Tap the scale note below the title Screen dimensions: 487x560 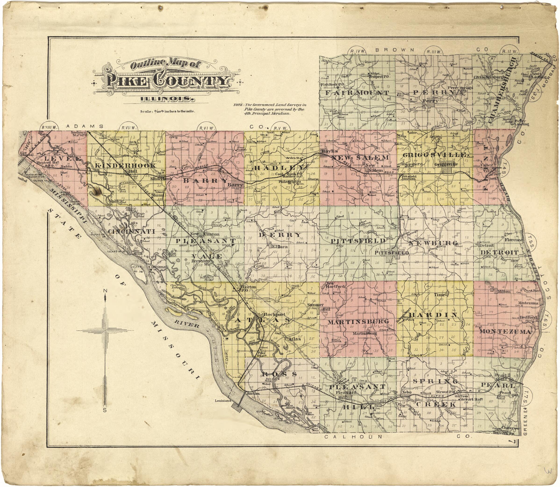tap(167, 111)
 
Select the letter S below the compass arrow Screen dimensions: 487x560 tap(105, 411)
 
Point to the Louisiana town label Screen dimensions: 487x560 tap(223, 401)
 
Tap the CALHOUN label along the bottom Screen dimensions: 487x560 tap(354, 437)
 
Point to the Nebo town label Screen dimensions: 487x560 tap(407, 392)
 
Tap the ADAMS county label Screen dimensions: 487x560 tap(85, 126)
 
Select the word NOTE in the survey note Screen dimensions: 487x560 tap(238, 105)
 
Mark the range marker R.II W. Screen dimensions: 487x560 tap(509, 52)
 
